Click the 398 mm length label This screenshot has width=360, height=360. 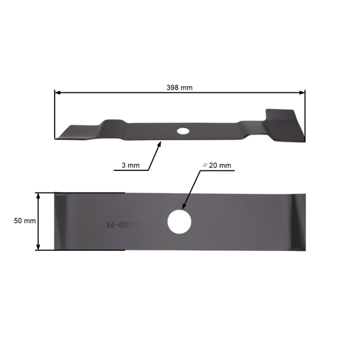tap(179, 87)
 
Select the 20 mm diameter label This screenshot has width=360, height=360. tap(218, 165)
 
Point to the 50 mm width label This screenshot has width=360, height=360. tap(25, 221)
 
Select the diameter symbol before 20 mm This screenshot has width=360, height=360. tap(205, 165)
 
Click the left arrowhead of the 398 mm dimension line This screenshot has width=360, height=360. tap(57, 92)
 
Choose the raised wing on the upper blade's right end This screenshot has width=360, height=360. tap(282, 116)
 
